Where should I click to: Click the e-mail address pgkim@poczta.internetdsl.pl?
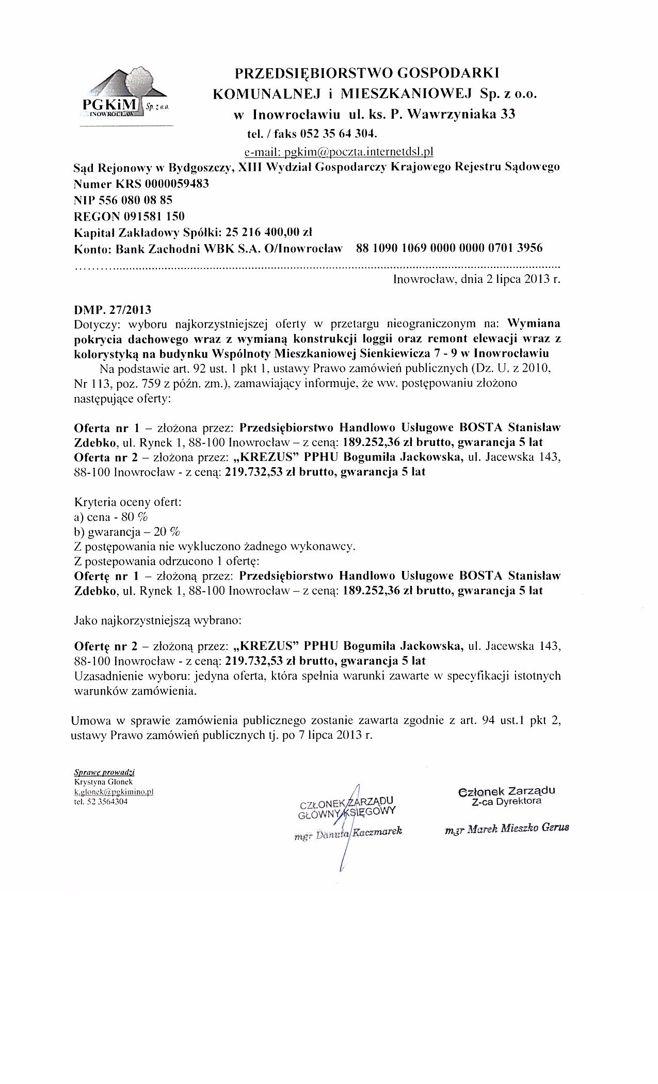tap(338, 152)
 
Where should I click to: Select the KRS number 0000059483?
tap(177, 184)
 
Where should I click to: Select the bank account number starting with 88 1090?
tap(449, 248)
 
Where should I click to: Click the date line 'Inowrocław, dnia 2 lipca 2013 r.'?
tap(476, 280)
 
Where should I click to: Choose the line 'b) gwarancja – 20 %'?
tap(127, 532)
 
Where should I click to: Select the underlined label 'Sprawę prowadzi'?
tap(105, 772)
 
